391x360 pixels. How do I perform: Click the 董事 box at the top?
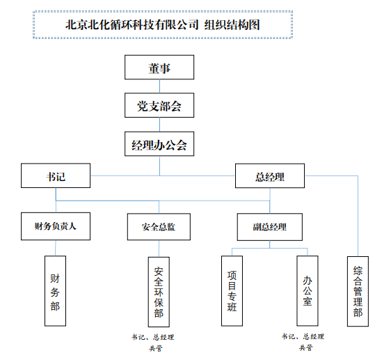(159, 68)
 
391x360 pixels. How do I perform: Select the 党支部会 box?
(159, 105)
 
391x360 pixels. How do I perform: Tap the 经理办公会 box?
(159, 144)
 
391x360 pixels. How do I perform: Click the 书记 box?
(56, 175)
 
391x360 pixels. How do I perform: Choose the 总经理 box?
(270, 175)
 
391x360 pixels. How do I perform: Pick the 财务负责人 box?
(56, 226)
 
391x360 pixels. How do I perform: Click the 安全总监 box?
(159, 227)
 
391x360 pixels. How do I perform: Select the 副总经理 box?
(270, 227)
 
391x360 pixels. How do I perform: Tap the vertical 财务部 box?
(56, 291)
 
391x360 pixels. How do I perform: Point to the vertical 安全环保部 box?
(159, 292)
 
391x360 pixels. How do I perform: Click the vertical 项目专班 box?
(232, 291)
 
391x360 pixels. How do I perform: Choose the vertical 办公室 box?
(308, 290)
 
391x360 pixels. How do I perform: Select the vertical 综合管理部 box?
(358, 291)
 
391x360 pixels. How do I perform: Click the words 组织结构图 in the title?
(232, 25)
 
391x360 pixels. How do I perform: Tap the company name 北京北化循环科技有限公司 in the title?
(132, 25)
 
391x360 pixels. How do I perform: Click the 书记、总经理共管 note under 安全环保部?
(153, 343)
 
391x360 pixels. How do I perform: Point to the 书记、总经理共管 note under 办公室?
(303, 342)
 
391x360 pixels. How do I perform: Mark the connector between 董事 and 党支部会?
(159, 86)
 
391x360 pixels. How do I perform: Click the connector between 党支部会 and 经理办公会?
(159, 125)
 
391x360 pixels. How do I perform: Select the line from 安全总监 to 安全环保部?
(159, 249)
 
